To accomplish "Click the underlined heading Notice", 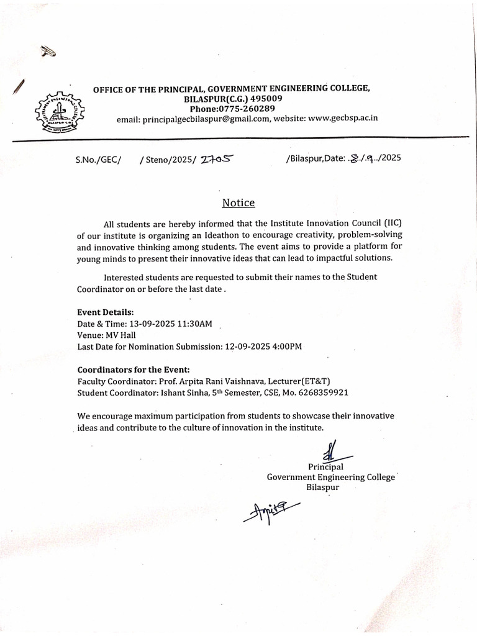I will (238, 203).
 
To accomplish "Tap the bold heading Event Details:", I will (106, 312).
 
